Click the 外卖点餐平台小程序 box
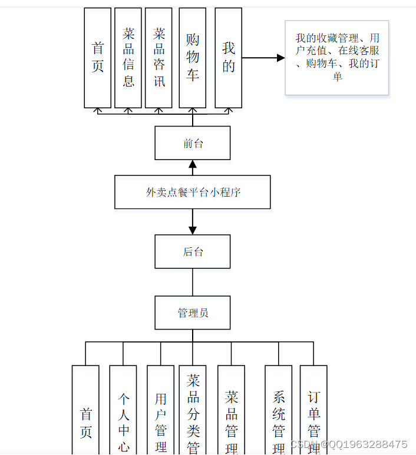192,192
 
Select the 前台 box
192,143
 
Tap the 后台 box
192,252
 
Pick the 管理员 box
192,313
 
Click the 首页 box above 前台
97,58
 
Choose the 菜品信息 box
128,58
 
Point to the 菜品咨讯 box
159,58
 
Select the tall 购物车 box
192,58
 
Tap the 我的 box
228,58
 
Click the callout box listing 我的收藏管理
336,58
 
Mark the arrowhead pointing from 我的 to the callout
280,58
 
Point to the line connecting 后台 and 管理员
192,282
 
